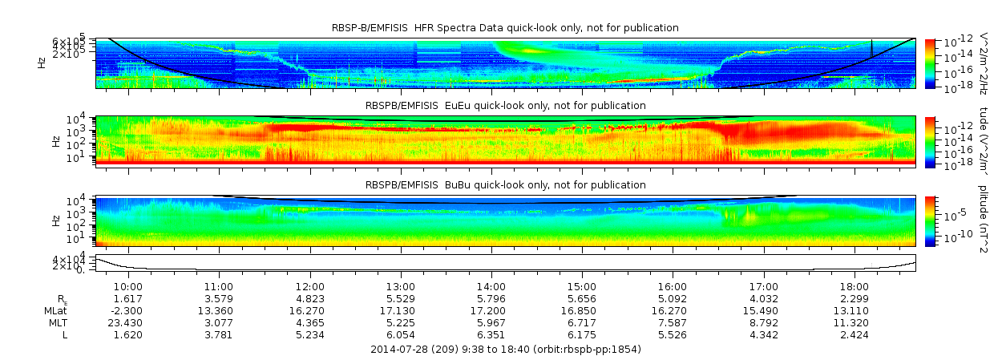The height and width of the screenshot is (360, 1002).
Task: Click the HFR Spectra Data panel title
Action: coord(505,28)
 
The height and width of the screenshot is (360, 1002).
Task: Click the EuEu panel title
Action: coord(505,106)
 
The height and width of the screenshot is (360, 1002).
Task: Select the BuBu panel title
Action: coord(505,184)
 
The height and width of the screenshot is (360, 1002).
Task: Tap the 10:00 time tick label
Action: coord(128,286)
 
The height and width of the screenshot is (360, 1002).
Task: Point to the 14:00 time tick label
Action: coord(491,286)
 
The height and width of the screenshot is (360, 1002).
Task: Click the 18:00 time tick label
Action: coord(855,286)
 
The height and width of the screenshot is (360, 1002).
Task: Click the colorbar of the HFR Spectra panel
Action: coord(930,63)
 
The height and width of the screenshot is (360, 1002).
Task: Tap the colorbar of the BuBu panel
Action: coord(930,220)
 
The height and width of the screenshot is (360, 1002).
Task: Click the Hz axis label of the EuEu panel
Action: coord(55,141)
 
